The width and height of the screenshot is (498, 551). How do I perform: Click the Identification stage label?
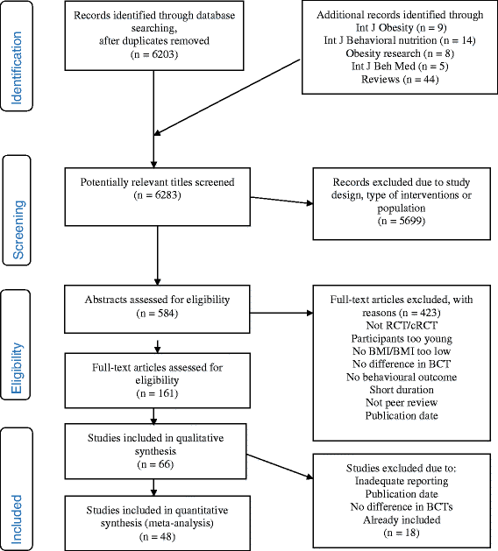17,67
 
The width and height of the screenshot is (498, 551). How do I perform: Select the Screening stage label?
18,230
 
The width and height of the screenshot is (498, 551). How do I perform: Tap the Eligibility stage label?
17,368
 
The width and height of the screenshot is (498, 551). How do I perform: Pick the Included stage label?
17,519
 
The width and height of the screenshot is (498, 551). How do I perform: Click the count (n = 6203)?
154,54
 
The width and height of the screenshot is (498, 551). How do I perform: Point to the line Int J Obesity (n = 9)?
401,27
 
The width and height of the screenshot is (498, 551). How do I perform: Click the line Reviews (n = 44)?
400,80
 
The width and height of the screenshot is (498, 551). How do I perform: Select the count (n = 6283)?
157,195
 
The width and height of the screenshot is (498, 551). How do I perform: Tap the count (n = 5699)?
402,221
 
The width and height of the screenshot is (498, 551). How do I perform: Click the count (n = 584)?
157,313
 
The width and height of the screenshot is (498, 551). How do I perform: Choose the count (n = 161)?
157,393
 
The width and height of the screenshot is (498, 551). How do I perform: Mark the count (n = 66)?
155,464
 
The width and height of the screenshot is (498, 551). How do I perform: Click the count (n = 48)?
157,537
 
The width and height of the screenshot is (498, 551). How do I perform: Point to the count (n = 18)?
402,533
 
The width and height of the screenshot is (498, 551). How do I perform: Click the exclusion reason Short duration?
402,390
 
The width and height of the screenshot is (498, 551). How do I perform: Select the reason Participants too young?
402,339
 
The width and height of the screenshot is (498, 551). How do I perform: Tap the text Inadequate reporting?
402,481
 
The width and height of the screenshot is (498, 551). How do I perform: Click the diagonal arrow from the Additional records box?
227,97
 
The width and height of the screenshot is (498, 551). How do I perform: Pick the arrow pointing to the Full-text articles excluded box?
281,313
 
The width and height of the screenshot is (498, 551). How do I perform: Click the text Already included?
402,519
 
